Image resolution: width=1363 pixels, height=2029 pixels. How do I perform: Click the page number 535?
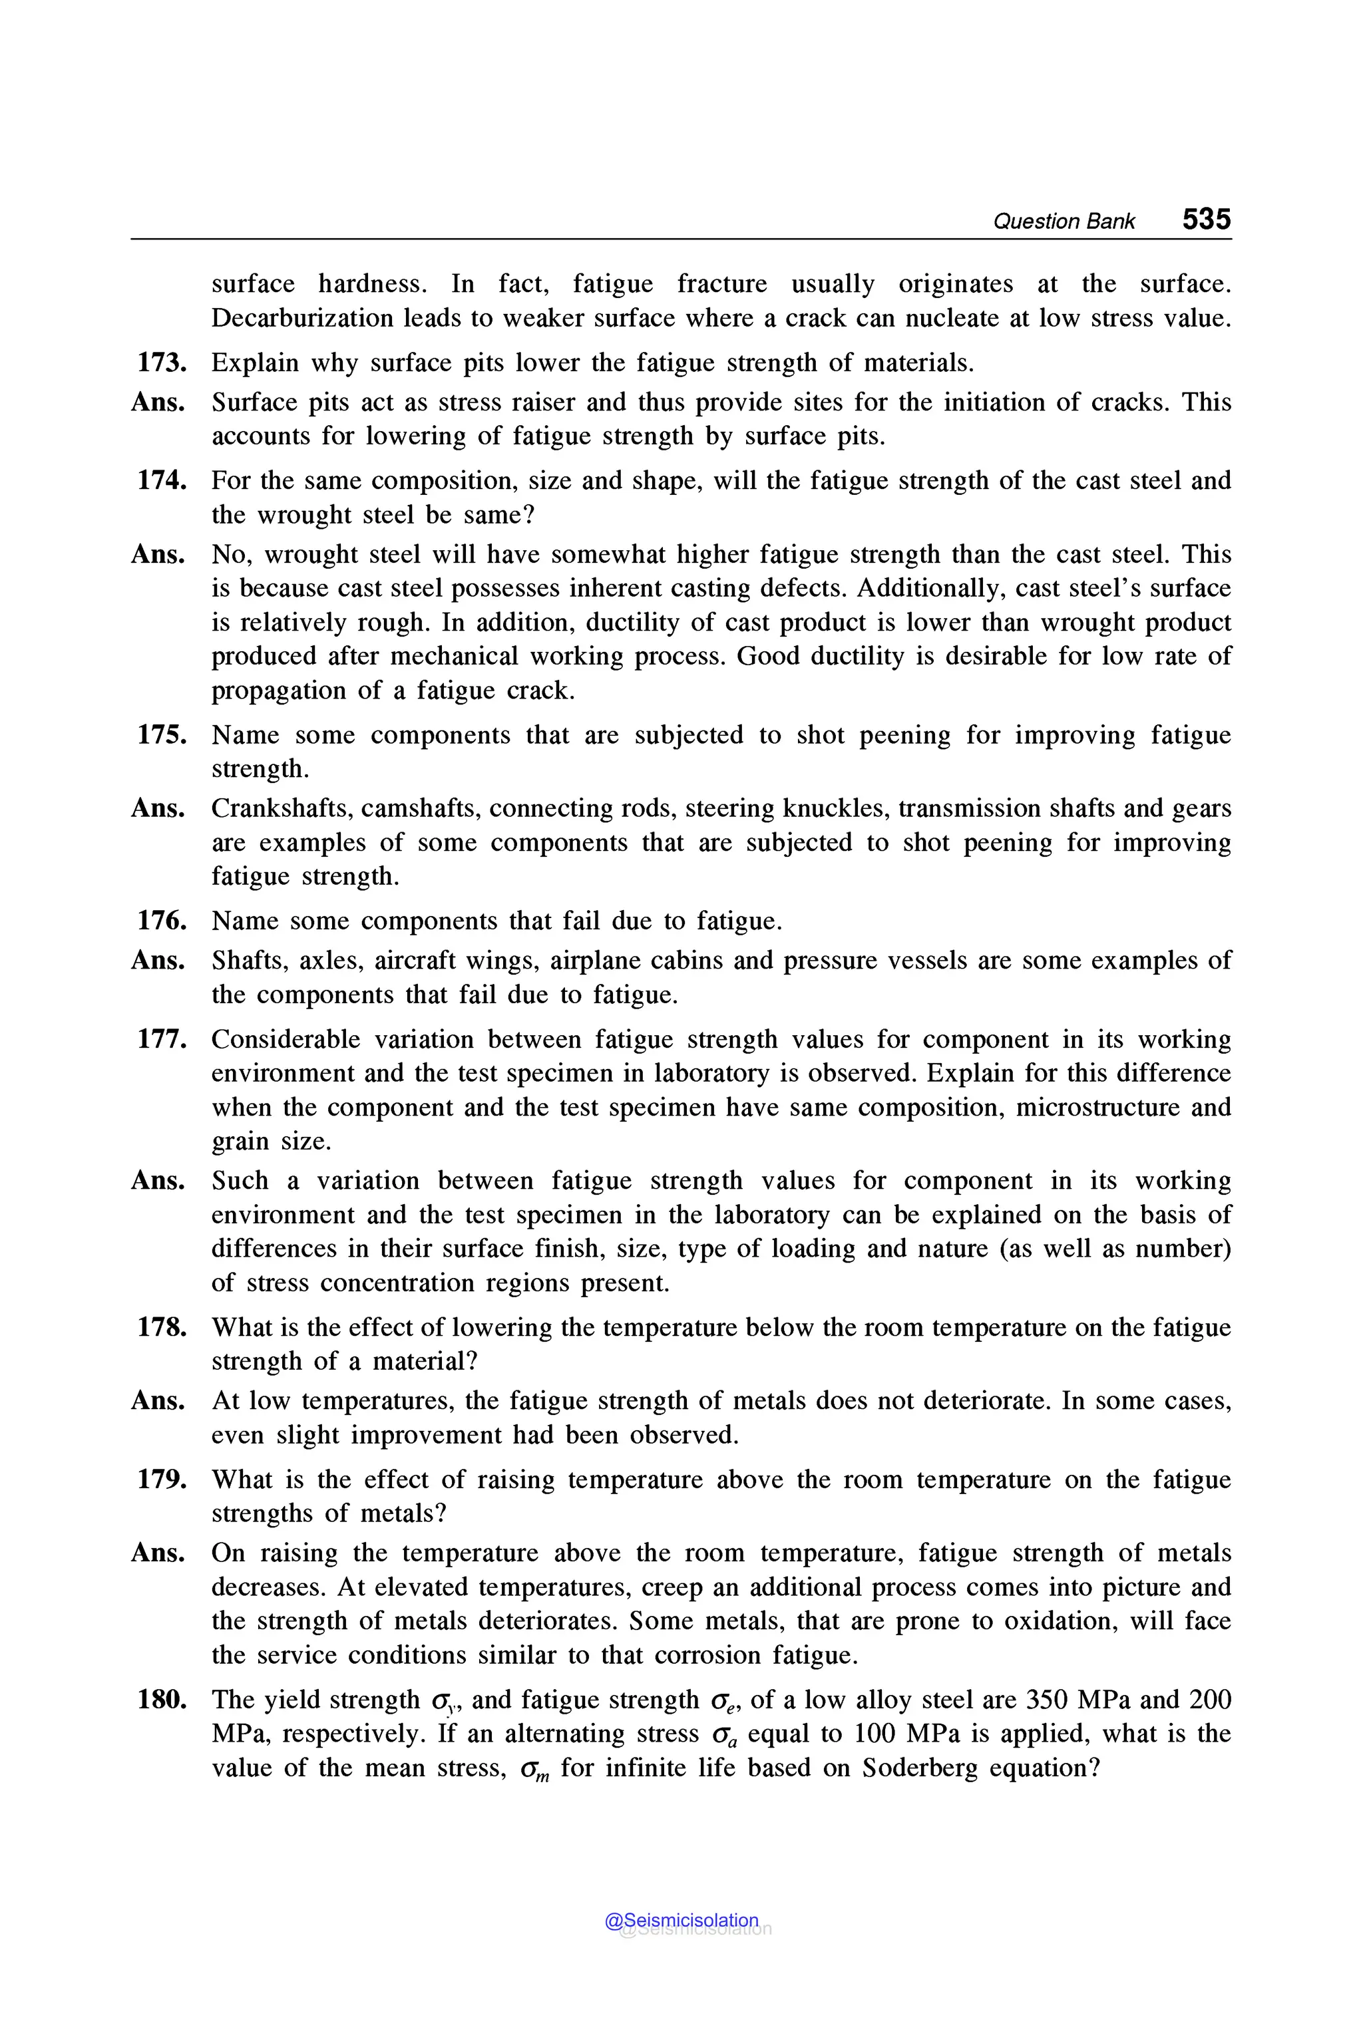pos(1206,219)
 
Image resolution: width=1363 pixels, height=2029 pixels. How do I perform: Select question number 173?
pos(162,363)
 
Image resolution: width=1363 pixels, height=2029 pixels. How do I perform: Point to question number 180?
pos(162,1700)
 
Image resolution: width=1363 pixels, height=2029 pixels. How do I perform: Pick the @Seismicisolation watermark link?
pos(681,1921)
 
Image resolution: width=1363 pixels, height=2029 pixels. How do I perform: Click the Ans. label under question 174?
pos(158,554)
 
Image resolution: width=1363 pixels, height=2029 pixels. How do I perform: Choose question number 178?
pos(162,1327)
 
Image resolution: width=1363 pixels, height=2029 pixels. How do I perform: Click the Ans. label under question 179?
pos(158,1553)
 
